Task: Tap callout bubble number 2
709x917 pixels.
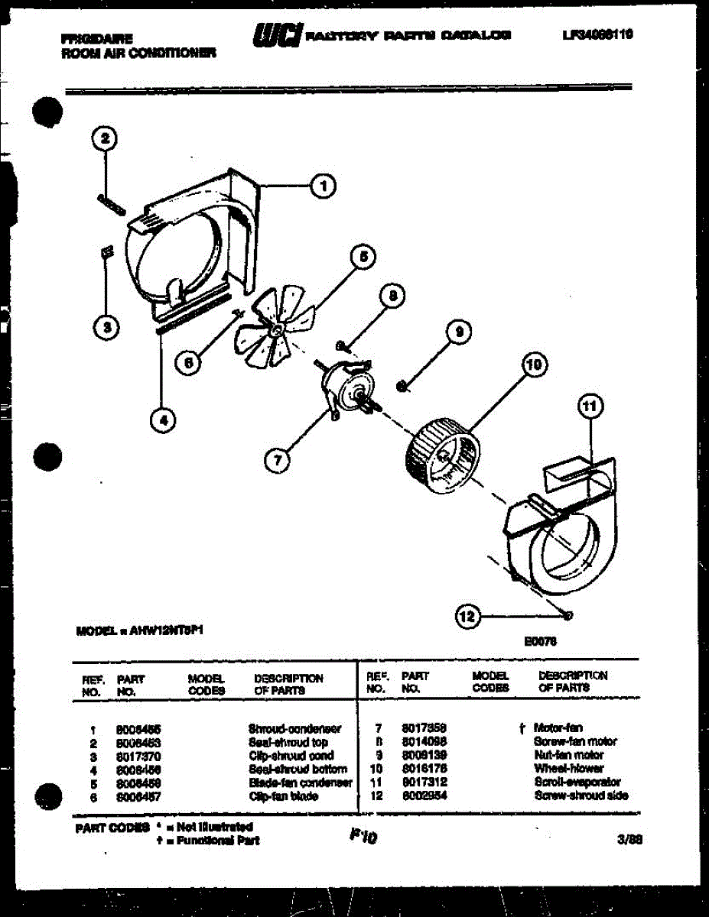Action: click(105, 139)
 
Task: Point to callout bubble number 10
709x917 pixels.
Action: click(532, 365)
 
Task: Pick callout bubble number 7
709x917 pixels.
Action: click(277, 459)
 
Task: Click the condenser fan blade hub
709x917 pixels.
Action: click(275, 329)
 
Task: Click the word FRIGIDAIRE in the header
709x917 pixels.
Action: click(96, 38)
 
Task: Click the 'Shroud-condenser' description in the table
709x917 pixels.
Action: click(294, 729)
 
